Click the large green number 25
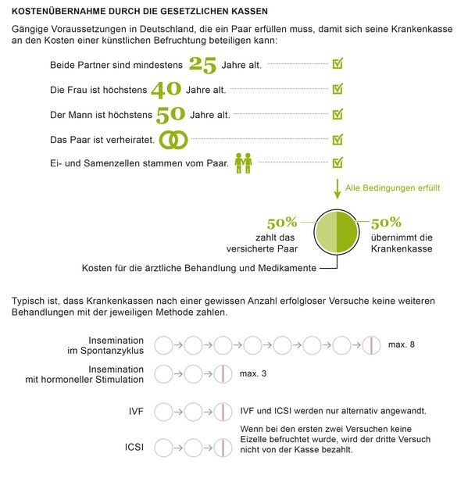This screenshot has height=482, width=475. [202, 64]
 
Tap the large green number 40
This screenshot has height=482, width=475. [166, 89]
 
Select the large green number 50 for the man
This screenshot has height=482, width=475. [170, 114]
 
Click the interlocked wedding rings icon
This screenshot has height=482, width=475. [174, 139]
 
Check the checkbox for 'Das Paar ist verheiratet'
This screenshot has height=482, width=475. [337, 139]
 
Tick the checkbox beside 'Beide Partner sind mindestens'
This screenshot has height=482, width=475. [337, 63]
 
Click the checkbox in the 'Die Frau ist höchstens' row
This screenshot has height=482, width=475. [337, 89]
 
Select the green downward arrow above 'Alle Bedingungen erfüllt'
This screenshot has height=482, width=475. [337, 188]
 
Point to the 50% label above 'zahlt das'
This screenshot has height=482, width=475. [283, 223]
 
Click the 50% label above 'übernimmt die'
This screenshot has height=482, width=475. [386, 223]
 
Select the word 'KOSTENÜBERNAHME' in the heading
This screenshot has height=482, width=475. [57, 12]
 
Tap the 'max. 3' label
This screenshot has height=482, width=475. [253, 373]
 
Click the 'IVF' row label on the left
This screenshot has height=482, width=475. [136, 410]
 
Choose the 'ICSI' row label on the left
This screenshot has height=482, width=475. [134, 447]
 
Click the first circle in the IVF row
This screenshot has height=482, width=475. [164, 410]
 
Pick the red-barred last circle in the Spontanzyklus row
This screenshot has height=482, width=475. [371, 345]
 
